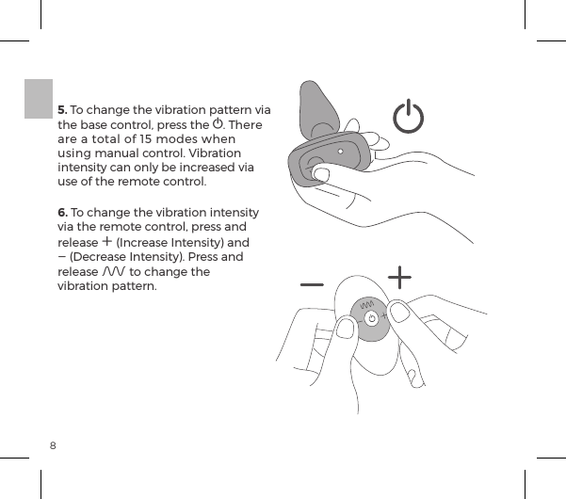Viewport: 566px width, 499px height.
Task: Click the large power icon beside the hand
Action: click(409, 120)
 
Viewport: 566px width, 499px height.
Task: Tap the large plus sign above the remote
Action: click(401, 278)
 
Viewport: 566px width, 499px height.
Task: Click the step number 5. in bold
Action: click(62, 109)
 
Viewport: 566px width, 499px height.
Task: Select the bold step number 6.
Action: click(62, 212)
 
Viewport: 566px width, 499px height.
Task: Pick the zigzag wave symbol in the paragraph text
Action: click(113, 271)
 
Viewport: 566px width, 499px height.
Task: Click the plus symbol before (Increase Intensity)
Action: click(104, 241)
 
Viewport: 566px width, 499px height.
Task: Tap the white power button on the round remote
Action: click(372, 318)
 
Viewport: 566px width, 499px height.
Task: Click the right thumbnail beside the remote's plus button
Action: click(402, 312)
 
